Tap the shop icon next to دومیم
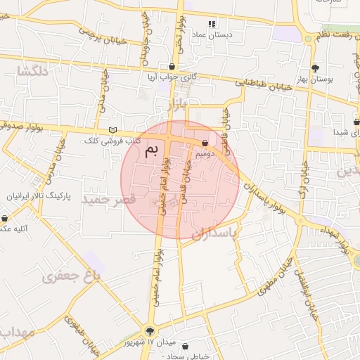(x=205, y=143)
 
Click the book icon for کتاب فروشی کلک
(x=114, y=131)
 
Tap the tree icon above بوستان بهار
(x=315, y=68)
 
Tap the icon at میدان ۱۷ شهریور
(x=149, y=331)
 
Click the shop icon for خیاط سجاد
(x=185, y=347)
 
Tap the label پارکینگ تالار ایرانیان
(x=40, y=196)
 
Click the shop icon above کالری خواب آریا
(x=172, y=66)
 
